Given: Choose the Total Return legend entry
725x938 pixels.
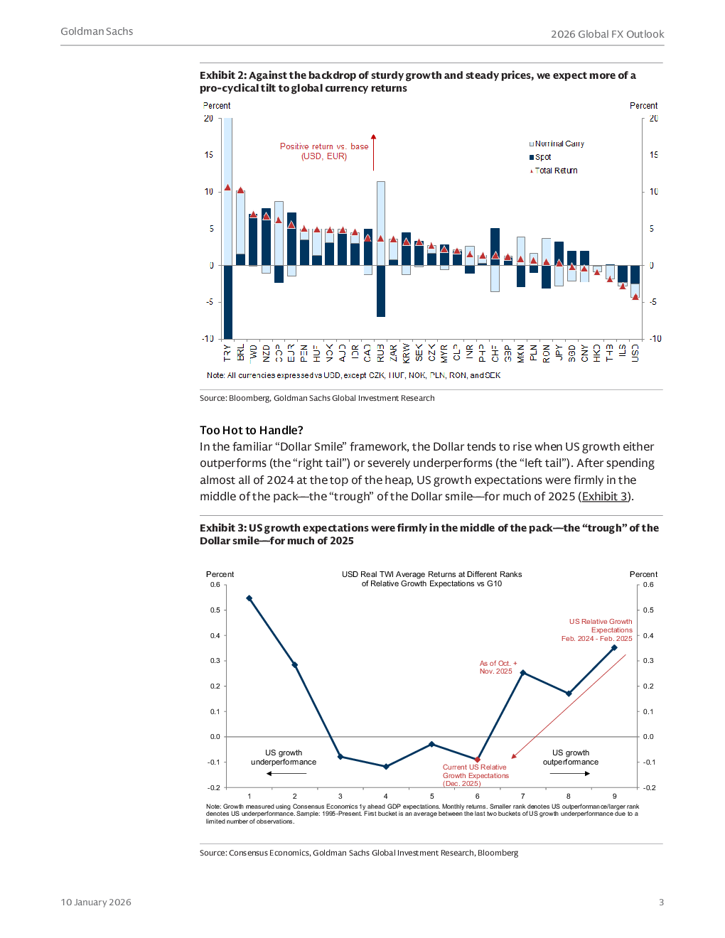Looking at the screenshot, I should pyautogui.click(x=555, y=171).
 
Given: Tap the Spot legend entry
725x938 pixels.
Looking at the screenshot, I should pyautogui.click(x=542, y=157).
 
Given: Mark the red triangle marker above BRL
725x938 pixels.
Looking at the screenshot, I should pyautogui.click(x=240, y=190).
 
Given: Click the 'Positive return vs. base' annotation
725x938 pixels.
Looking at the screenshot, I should pyautogui.click(x=324, y=151).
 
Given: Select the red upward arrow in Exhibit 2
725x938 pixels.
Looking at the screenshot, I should pyautogui.click(x=373, y=151).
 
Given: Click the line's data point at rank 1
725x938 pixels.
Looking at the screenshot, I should pyautogui.click(x=249, y=598).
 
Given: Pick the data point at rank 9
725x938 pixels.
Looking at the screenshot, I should pyautogui.click(x=614, y=647).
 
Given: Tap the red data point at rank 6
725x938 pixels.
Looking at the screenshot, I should pyautogui.click(x=478, y=760).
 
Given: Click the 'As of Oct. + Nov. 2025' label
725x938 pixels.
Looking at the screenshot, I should pyautogui.click(x=498, y=667).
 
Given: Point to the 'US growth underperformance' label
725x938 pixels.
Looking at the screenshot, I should pyautogui.click(x=284, y=758).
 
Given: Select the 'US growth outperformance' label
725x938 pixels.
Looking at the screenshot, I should pyautogui.click(x=571, y=758).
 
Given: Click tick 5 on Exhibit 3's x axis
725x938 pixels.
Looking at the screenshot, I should pyautogui.click(x=431, y=796).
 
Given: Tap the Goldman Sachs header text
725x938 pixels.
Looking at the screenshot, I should pyautogui.click(x=97, y=32).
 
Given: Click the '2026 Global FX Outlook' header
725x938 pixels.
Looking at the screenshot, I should pyautogui.click(x=607, y=34).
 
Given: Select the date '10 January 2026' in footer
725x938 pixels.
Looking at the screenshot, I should pyautogui.click(x=96, y=902).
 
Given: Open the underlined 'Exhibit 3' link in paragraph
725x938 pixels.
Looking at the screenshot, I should pyautogui.click(x=604, y=497).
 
